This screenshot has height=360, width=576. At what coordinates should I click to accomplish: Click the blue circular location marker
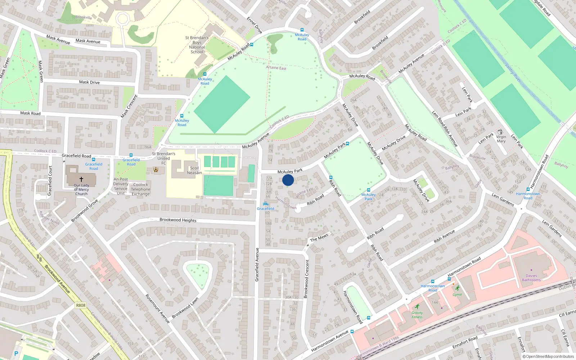pyautogui.click(x=288, y=180)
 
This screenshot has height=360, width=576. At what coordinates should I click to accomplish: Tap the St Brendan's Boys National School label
pyautogui.click(x=197, y=45)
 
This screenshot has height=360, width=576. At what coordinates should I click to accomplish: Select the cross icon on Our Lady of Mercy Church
pyautogui.click(x=81, y=179)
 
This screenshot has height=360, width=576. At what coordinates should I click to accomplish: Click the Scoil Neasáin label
pyautogui.click(x=194, y=170)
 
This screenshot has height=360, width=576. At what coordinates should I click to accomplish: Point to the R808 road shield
pyautogui.click(x=81, y=305)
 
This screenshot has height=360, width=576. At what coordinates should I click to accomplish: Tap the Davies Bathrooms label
pyautogui.click(x=531, y=278)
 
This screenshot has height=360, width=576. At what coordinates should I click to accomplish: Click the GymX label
pyautogui.click(x=457, y=294)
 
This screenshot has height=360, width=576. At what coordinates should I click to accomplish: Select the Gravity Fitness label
pyautogui.click(x=417, y=315)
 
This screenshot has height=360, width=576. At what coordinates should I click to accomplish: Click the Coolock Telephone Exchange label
pyautogui.click(x=140, y=189)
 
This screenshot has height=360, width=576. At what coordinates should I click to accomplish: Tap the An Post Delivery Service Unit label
pyautogui.click(x=121, y=186)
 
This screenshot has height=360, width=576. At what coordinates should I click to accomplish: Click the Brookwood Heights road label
pyautogui.click(x=178, y=220)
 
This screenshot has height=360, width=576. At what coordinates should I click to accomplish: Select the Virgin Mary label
pyautogui.click(x=501, y=139)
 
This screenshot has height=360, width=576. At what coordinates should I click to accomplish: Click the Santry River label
pyautogui.click(x=513, y=73)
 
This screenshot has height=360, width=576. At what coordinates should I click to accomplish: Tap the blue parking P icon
pyautogui.click(x=16, y=354)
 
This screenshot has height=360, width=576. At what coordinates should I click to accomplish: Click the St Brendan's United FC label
pyautogui.click(x=163, y=158)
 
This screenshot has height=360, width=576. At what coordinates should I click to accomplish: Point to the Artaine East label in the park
pyautogui.click(x=276, y=68)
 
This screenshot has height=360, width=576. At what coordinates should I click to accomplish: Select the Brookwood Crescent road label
pyautogui.click(x=307, y=279)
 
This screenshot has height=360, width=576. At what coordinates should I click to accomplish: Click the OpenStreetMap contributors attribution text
pyautogui.click(x=548, y=356)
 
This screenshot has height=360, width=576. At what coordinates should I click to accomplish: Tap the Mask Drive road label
pyautogui.click(x=89, y=82)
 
